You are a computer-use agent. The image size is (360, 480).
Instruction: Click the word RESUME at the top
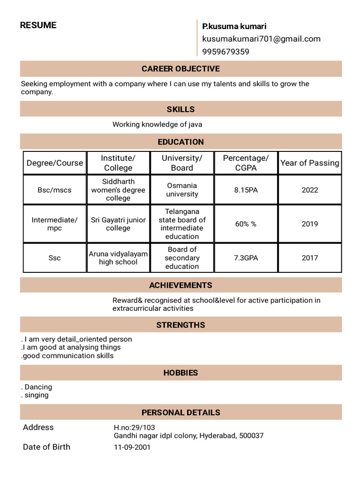38,25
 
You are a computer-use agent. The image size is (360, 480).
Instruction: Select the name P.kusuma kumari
234,26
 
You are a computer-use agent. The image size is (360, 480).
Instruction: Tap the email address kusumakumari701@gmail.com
261,39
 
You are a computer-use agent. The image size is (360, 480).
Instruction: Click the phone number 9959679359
225,52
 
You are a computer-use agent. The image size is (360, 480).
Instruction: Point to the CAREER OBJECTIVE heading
180,69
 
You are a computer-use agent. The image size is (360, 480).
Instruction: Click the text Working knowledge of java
157,125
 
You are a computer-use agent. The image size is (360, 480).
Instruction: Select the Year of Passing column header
309,163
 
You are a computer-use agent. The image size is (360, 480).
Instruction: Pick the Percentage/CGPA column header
246,163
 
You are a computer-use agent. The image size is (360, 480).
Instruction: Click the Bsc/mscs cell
54,190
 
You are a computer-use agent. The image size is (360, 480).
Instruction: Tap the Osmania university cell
182,190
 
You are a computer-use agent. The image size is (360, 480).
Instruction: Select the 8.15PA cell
246,190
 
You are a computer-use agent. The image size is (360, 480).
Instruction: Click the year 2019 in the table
309,224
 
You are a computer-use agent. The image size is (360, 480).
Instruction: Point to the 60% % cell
246,224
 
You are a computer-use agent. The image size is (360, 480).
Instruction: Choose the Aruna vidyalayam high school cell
118,258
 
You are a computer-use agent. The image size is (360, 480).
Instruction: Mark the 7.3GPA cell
246,258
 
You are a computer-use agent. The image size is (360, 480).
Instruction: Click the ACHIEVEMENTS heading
180,285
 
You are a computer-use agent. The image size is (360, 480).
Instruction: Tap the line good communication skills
68,356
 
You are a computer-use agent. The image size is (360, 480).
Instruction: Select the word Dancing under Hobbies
38,387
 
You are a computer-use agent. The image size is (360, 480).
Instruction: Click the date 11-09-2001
132,447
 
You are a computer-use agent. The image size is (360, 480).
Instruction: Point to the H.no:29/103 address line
134,427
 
